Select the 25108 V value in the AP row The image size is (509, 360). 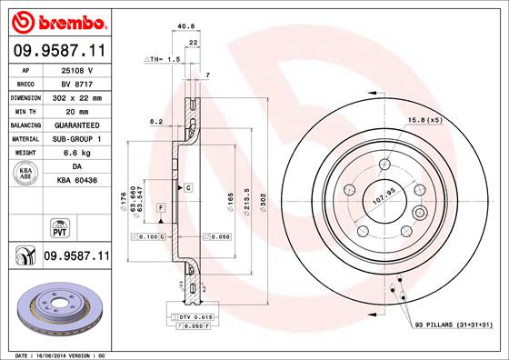[78, 69]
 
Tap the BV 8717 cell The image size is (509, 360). [78, 83]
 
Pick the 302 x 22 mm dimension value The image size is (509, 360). [78, 96]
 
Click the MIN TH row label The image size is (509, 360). [25, 110]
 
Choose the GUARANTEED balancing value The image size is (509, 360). [78, 124]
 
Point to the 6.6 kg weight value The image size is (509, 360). [78, 152]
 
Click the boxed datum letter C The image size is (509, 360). [187, 187]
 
